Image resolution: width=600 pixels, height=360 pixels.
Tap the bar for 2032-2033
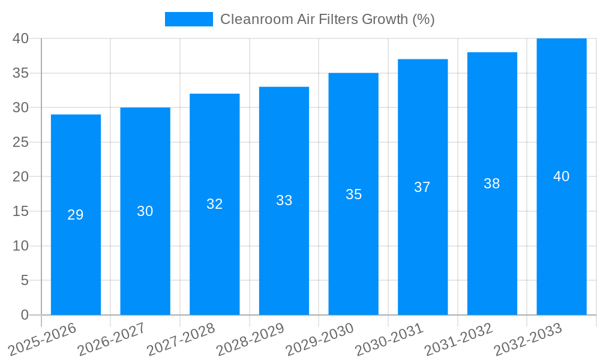point(562,240)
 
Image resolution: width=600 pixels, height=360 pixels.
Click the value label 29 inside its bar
point(76,215)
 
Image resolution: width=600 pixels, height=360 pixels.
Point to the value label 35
point(353,194)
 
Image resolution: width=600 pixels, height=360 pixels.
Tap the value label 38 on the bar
point(492,184)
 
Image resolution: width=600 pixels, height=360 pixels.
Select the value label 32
point(215,204)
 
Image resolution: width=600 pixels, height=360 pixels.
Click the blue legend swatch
point(188,19)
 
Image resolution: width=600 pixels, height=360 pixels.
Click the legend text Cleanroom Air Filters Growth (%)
point(327,19)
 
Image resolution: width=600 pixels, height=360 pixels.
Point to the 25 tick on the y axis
point(20,142)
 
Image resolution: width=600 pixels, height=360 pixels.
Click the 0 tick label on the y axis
point(25,315)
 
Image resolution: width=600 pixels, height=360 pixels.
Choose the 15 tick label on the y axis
point(20,211)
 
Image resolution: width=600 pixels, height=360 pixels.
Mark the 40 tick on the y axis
point(20,38)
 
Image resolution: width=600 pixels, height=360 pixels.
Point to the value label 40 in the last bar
point(562,177)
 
